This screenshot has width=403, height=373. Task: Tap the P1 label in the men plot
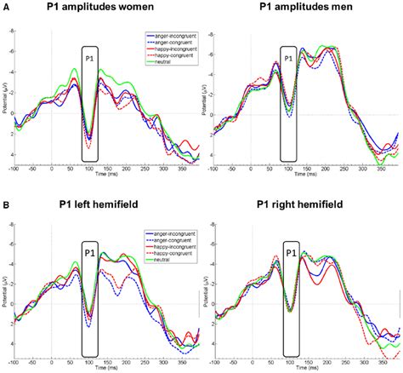[x=289, y=58]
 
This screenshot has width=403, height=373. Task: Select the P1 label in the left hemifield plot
[x=88, y=252]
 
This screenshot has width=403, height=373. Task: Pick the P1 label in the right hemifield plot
[x=290, y=253]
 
